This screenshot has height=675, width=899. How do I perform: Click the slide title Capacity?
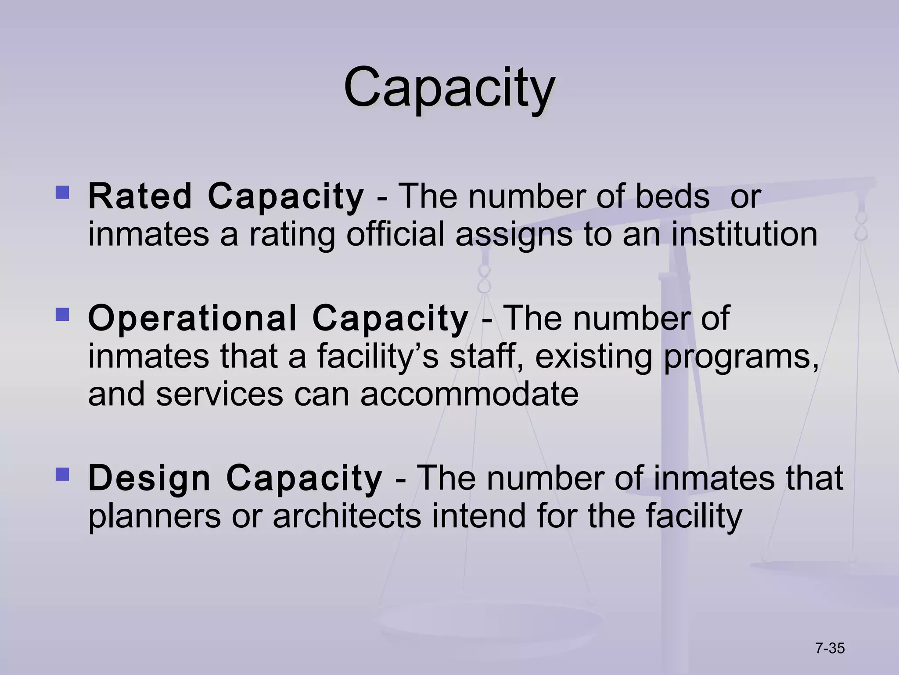[x=449, y=87]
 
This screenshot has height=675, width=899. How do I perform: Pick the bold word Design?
[x=149, y=478]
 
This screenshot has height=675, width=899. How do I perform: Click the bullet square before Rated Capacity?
[x=62, y=192]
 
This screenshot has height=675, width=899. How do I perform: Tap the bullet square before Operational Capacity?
[x=62, y=314]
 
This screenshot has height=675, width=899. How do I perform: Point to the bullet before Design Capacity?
[x=62, y=474]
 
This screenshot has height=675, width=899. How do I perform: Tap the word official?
[x=396, y=234]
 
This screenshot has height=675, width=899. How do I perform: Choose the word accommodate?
[x=469, y=394]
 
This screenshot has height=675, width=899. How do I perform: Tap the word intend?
[x=479, y=516]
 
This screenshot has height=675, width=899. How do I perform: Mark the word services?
[x=219, y=394]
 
